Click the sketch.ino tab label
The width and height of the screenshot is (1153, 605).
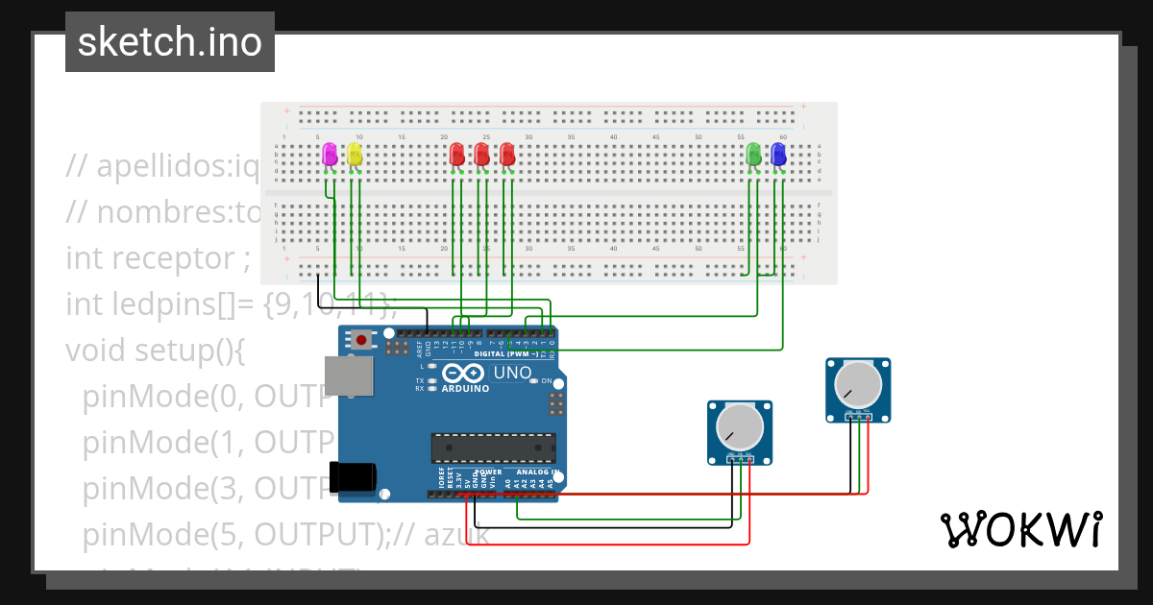[169, 42]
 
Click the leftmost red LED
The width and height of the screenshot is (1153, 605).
[457, 154]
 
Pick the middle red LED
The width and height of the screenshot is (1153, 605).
[482, 154]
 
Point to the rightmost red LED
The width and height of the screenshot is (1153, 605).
[507, 154]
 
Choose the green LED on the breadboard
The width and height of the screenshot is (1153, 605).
[753, 154]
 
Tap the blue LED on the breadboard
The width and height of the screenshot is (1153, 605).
[778, 154]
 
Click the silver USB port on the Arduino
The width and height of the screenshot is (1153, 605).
[348, 376]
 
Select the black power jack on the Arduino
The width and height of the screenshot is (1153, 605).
[351, 477]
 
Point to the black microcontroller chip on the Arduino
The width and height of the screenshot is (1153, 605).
[493, 448]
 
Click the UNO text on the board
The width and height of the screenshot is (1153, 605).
[512, 373]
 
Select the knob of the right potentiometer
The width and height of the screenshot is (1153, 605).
[858, 384]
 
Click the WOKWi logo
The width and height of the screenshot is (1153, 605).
[1020, 530]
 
